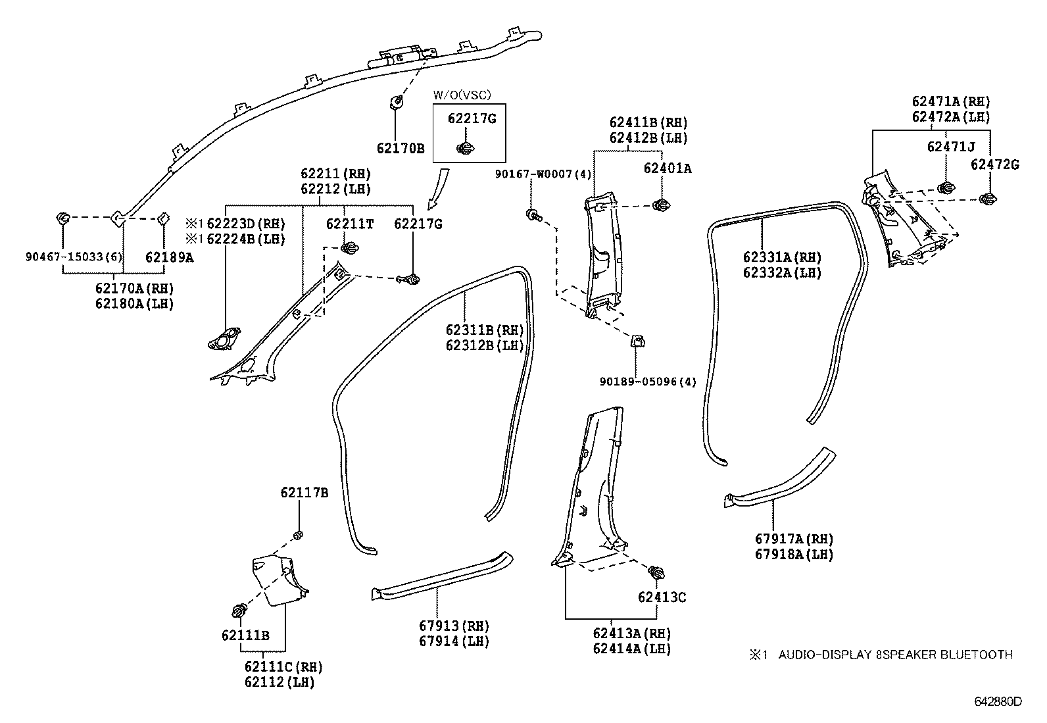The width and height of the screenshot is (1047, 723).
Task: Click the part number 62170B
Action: [x=400, y=149]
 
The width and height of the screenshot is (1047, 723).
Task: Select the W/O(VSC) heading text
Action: [x=462, y=95]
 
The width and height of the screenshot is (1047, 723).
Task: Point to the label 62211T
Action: [x=349, y=224]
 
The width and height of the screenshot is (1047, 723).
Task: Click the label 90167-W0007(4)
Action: [x=544, y=174]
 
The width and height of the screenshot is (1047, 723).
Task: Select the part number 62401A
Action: [x=667, y=168]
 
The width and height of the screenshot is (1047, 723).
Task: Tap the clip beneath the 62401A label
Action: [x=661, y=206]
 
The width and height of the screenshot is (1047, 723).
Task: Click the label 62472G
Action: [x=994, y=165]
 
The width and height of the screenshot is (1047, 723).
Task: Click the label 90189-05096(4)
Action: [x=647, y=382]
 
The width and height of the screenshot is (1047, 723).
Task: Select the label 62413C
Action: [x=662, y=597]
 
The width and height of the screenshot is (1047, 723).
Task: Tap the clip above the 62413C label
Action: [x=655, y=572]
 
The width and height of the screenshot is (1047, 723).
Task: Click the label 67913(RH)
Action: [x=454, y=626]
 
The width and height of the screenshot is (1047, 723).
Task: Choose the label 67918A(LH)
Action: [x=794, y=555]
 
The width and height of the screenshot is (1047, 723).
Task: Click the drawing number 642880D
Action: [x=998, y=701]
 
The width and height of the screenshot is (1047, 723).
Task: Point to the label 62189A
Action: [x=169, y=257]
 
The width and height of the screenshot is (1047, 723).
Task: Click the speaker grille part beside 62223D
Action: [x=224, y=340]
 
